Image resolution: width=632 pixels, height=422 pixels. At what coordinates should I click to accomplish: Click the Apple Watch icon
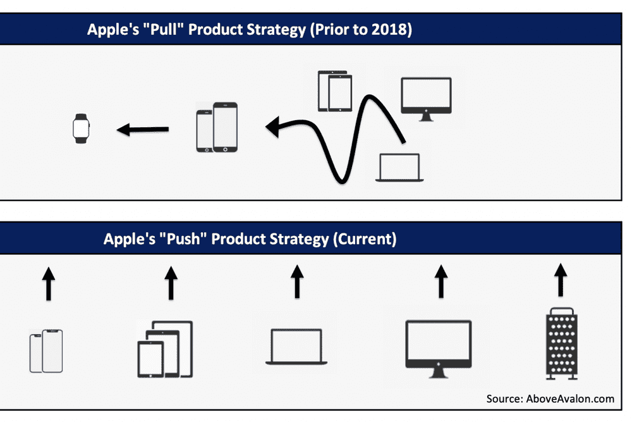click(x=81, y=128)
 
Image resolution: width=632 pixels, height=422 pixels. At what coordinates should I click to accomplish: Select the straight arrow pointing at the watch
click(x=143, y=130)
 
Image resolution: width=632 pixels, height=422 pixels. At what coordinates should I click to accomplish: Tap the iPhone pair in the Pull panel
click(x=217, y=127)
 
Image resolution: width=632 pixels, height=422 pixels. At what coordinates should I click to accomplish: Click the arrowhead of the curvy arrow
click(x=273, y=127)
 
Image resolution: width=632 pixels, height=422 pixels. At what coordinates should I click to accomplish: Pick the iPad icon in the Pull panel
click(x=335, y=91)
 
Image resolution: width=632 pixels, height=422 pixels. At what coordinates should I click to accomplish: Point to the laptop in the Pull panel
click(x=399, y=168)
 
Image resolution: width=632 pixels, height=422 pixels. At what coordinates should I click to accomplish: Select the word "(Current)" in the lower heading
click(x=365, y=239)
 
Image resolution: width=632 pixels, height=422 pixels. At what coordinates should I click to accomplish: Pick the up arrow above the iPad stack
click(x=171, y=283)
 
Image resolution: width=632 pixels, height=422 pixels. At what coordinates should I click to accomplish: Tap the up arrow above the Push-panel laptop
click(x=297, y=282)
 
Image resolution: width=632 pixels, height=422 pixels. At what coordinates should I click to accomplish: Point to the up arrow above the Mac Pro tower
click(x=561, y=280)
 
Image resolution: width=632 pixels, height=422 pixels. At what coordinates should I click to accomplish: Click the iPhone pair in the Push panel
click(x=46, y=351)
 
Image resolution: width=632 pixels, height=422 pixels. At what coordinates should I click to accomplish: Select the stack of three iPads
click(x=165, y=349)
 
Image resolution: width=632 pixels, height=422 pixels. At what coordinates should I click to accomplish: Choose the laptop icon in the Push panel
click(x=296, y=347)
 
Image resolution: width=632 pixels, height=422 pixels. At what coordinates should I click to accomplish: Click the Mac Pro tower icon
click(x=562, y=344)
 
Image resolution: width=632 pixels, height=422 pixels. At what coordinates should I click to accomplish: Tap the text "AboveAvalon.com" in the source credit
click(x=570, y=399)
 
